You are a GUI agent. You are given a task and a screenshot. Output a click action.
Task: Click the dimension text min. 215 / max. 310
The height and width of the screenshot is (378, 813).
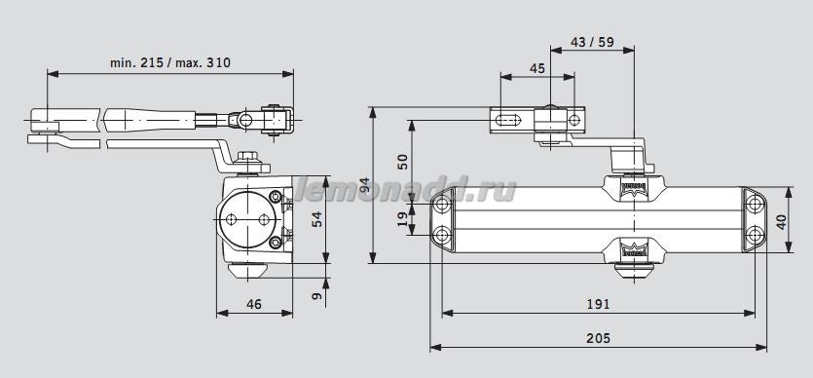[x=170, y=61]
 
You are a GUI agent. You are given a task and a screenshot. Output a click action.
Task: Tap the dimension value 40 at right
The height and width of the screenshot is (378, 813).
[x=780, y=219]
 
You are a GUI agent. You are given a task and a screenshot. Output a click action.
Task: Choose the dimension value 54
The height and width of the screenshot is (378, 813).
[x=317, y=219]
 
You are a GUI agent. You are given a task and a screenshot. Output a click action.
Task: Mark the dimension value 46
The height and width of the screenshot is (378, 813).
[x=253, y=304]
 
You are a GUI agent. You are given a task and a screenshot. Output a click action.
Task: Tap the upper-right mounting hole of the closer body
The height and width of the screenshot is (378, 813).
[x=756, y=203]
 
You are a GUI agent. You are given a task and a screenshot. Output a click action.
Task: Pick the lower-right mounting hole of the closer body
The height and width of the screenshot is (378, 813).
[x=756, y=235]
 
